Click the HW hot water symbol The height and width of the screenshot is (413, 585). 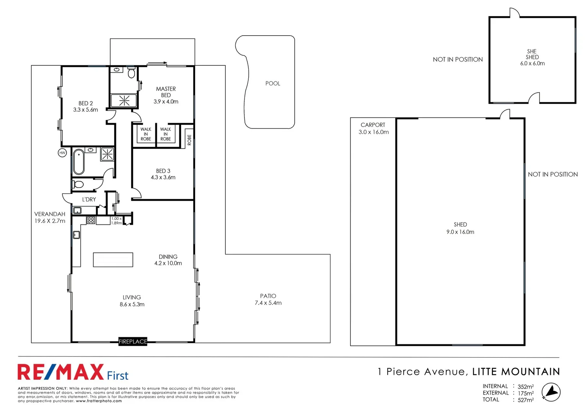[62, 153]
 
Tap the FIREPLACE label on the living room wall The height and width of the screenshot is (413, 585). [133, 341]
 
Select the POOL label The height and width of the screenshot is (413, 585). [273, 83]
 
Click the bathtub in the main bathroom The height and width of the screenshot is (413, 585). [79, 162]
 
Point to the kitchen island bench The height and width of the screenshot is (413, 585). [113, 260]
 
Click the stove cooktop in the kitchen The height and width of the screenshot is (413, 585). [91, 220]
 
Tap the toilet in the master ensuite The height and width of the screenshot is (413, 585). [131, 72]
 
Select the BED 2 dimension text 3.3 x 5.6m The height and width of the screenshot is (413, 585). [85, 110]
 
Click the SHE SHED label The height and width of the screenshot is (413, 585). [532, 54]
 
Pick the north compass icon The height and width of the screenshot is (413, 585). [551, 393]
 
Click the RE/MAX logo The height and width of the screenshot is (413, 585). [61, 372]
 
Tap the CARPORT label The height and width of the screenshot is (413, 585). [373, 125]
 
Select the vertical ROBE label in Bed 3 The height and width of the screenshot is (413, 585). [189, 140]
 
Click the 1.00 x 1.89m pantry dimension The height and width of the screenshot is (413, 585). [116, 221]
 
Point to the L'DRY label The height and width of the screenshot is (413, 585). [89, 199]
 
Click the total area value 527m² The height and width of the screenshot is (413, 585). [525, 400]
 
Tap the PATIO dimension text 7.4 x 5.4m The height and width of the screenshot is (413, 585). [268, 303]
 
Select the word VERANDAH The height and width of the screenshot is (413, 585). [50, 214]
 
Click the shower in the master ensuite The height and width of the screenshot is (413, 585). [124, 101]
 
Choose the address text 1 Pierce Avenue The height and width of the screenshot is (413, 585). [421, 372]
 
